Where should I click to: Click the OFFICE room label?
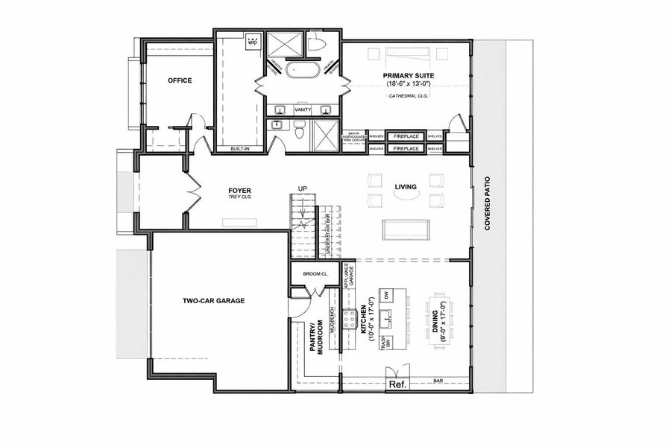click(x=180, y=80)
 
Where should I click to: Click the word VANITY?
click(x=303, y=110)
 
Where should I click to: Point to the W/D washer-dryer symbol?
click(x=252, y=42)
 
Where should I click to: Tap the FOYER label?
click(x=239, y=191)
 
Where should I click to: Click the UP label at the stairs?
click(x=302, y=187)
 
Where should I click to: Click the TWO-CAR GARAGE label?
click(x=214, y=301)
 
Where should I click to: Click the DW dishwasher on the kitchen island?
click(x=387, y=294)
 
